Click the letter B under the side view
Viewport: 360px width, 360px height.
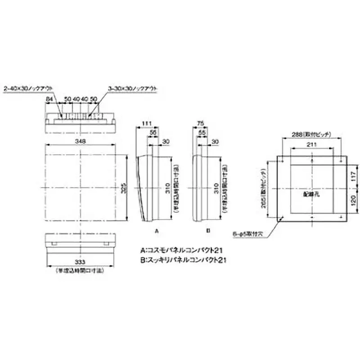coord(208,230)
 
